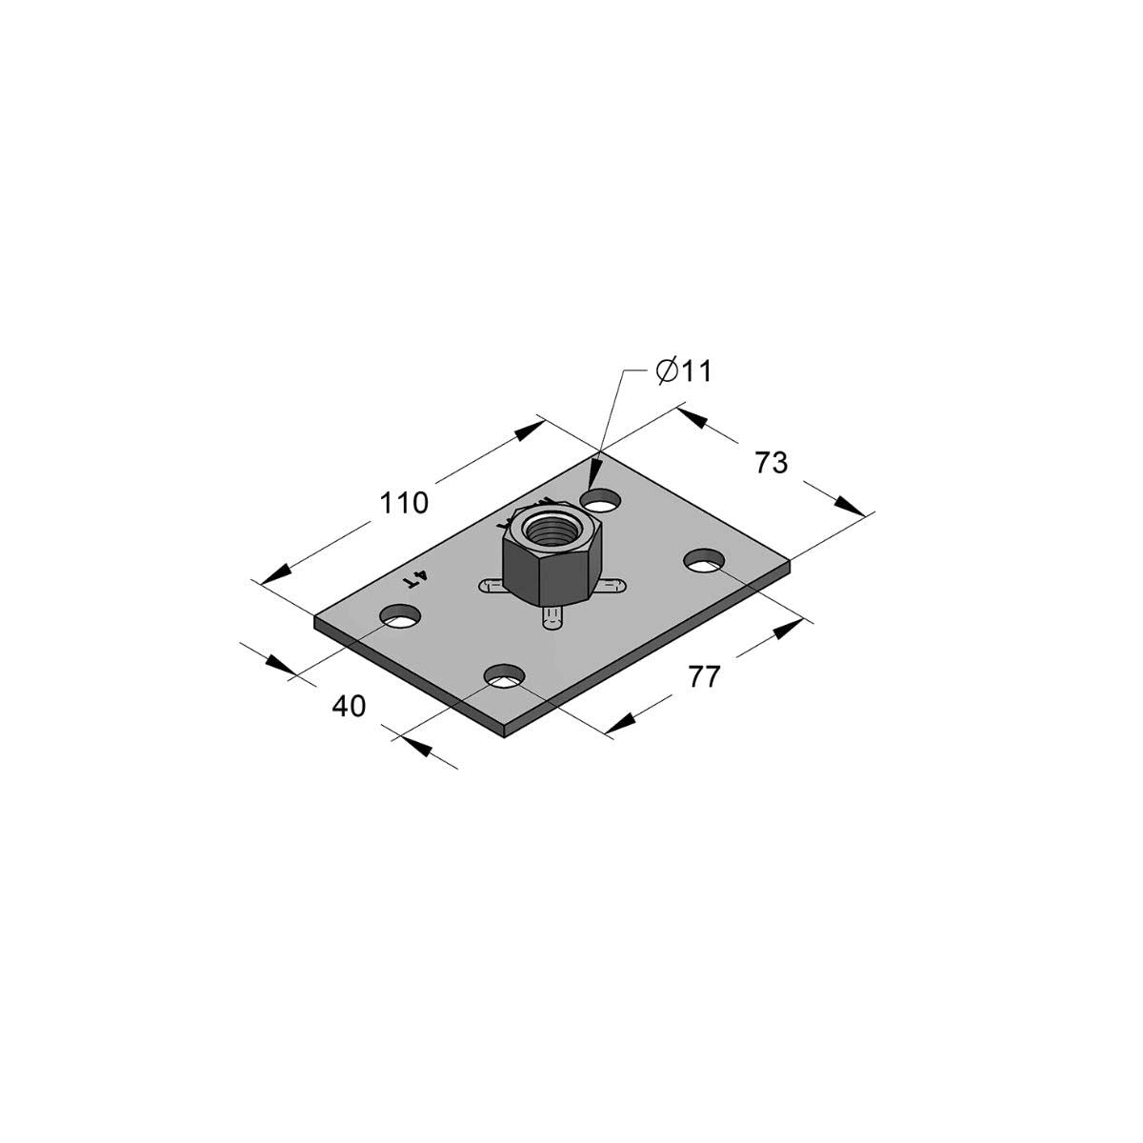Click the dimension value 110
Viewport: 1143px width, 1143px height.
tap(403, 503)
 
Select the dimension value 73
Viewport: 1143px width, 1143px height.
tap(772, 463)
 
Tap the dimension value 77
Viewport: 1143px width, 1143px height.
tap(704, 677)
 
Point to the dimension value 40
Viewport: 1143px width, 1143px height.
tap(349, 706)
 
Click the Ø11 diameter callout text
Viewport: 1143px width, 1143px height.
tap(683, 371)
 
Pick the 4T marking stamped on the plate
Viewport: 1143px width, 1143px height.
tap(415, 578)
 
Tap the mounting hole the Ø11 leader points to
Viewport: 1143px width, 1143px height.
tap(602, 500)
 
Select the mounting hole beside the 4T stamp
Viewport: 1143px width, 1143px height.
tap(400, 617)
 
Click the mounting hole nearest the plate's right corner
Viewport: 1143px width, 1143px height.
tap(705, 560)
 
